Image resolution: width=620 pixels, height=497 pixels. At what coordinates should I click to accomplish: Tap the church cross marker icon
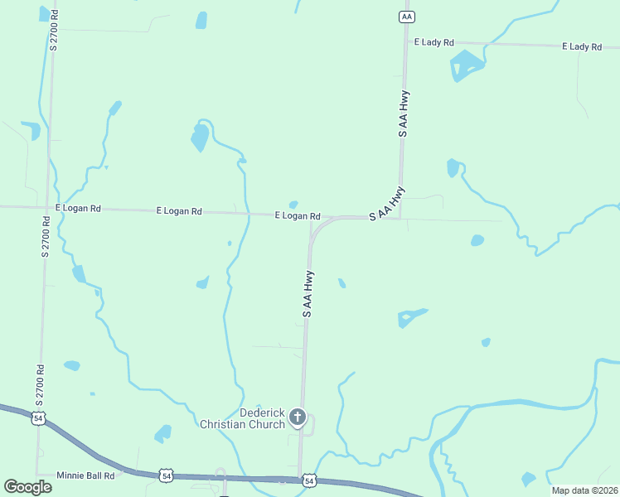(298, 417)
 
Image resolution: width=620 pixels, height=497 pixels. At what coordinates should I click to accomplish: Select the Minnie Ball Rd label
(85, 476)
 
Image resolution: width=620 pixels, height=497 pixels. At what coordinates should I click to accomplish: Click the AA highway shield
(405, 17)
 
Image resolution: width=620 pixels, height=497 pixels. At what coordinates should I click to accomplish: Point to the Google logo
(27, 486)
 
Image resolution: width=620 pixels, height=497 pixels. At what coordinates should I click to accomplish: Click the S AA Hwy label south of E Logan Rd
(308, 293)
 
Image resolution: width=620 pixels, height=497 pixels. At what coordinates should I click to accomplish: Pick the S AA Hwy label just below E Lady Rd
(403, 113)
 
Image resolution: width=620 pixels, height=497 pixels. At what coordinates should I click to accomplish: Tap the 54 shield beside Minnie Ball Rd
(167, 476)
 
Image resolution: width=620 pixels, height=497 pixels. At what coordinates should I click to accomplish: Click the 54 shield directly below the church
(308, 480)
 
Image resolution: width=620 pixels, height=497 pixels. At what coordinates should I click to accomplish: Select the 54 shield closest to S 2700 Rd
(38, 417)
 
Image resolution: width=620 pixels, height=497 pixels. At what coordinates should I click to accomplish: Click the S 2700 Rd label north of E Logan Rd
(54, 30)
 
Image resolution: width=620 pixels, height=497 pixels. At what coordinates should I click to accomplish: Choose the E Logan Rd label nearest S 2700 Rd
(78, 209)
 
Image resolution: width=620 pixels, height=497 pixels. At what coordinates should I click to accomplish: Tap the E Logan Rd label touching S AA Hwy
(298, 215)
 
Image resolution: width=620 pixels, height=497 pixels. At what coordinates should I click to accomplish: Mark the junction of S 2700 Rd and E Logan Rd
(47, 207)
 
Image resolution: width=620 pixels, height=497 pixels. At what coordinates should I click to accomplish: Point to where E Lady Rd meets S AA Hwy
(406, 41)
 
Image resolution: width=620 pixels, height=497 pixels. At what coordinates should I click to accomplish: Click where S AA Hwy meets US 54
(299, 479)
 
